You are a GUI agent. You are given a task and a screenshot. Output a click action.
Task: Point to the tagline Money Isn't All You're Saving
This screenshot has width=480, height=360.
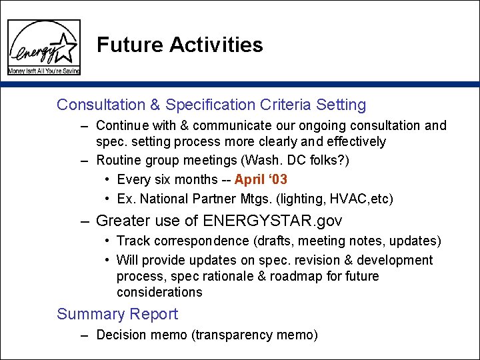pos(44,70)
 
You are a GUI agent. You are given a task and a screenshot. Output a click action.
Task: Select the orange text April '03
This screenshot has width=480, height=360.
pos(261,179)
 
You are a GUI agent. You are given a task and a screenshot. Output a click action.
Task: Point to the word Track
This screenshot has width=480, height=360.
pos(132,241)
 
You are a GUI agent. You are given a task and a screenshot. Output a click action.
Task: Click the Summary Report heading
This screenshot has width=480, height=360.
pos(117,314)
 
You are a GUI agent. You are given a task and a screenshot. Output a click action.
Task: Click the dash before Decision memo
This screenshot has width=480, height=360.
pos(85,335)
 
